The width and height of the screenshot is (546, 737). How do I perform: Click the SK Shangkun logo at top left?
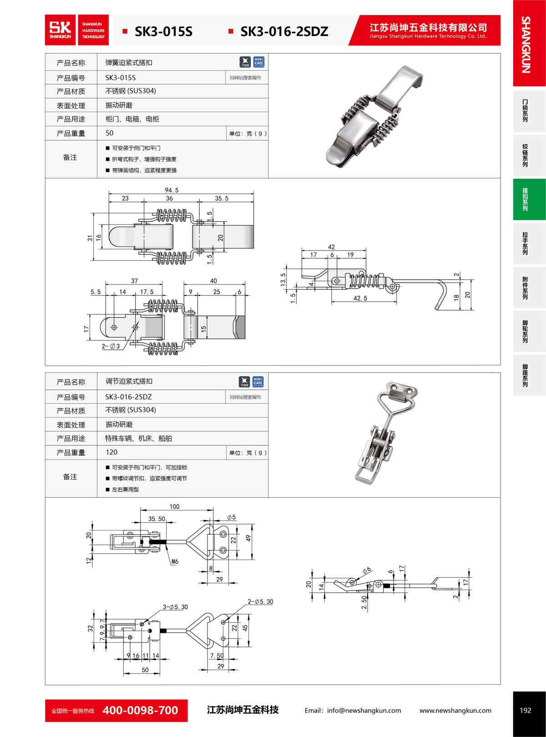60,30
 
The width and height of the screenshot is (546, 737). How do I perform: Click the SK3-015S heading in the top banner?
163,31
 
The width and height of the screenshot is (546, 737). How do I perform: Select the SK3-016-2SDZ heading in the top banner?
284,31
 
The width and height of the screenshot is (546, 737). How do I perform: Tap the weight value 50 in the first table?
109,133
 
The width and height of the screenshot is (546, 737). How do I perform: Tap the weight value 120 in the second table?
111,452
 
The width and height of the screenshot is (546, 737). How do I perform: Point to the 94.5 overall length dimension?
172,190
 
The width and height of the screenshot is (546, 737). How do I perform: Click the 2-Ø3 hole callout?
111,346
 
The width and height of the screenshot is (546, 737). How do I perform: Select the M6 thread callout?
175,561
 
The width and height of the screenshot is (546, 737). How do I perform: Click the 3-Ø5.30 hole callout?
175,607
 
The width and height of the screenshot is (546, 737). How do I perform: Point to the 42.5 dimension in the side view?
360,298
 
